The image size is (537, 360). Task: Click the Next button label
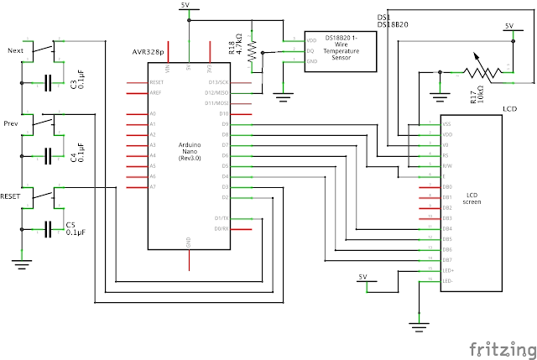click(x=15, y=51)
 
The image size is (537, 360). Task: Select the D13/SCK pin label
click(x=219, y=83)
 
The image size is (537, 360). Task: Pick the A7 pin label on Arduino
click(x=152, y=186)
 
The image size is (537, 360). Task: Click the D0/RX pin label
click(x=221, y=228)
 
